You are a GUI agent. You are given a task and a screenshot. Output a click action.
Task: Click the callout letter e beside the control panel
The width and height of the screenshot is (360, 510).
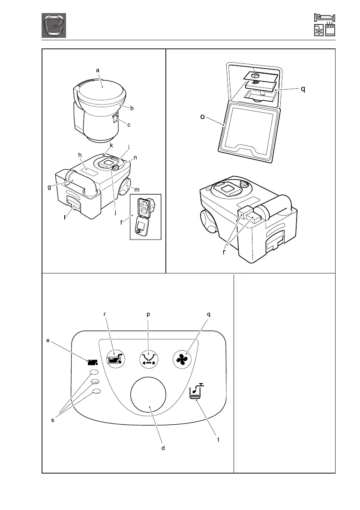48,341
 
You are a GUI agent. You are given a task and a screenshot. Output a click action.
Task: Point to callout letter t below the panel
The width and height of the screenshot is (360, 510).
218,439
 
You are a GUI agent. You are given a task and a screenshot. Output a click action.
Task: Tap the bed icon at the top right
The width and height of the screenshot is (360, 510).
324,17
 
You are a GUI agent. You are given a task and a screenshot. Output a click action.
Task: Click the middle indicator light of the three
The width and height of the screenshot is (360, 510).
95,381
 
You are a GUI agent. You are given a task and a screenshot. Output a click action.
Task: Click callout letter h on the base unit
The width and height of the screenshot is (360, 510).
80,155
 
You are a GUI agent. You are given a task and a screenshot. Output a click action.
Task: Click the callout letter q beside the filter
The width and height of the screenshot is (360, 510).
303,90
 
